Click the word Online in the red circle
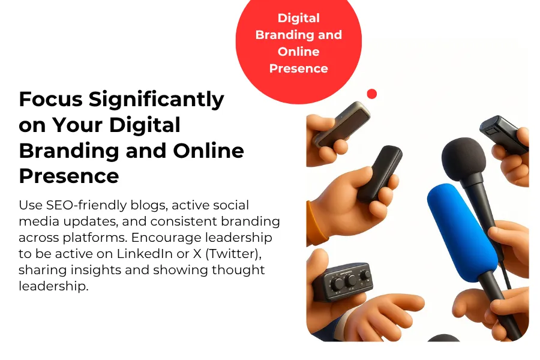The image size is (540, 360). (299, 52)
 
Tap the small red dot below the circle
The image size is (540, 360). (372, 94)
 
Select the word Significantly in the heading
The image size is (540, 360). (157, 100)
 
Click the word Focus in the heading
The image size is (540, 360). (50, 99)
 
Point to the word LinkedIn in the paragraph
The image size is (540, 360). (145, 254)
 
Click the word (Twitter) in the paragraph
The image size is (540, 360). (233, 254)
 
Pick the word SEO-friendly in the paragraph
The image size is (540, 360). (86, 205)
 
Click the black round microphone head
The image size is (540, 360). (464, 159)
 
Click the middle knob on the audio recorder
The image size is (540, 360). (350, 280)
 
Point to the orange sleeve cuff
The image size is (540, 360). (314, 223)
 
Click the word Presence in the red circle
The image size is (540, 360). (299, 68)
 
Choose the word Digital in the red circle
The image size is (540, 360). (299, 18)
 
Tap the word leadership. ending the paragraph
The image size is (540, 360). (53, 286)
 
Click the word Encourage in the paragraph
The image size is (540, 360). (166, 238)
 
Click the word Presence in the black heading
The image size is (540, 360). (69, 176)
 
